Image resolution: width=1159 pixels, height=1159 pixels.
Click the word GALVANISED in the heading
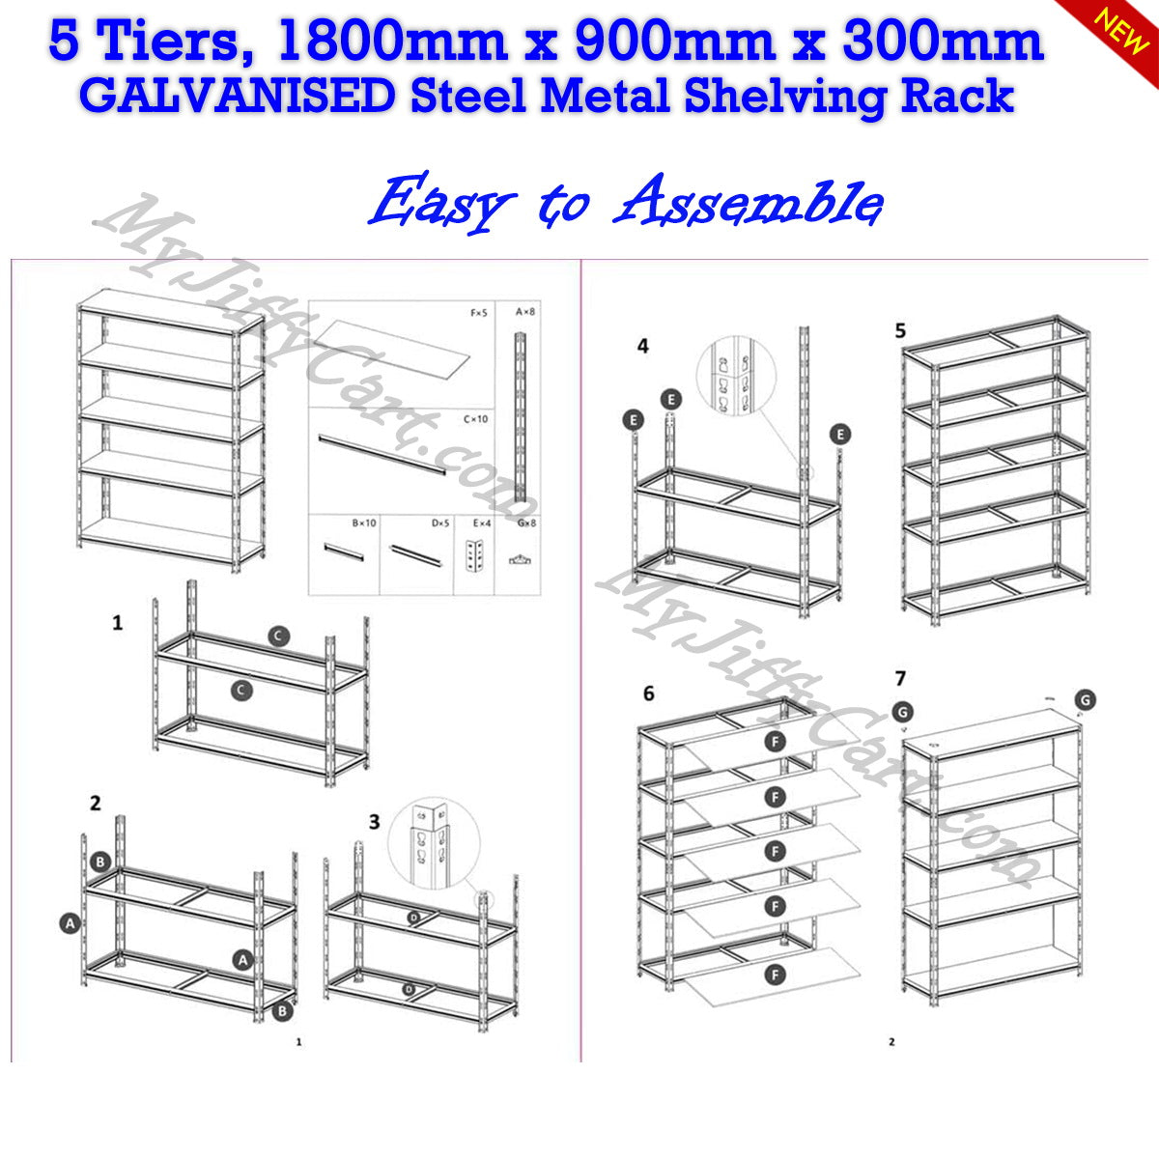237,97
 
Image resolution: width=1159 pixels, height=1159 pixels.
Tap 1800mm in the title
391,42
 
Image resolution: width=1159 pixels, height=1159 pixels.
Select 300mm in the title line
943,42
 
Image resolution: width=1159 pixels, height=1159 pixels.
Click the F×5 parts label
480,313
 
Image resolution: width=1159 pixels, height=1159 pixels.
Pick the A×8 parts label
525,312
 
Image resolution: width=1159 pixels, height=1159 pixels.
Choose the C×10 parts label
476,419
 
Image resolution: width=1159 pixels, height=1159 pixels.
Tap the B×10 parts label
364,523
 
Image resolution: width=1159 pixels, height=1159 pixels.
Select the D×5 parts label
441,523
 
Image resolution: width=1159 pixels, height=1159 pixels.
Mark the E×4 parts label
481,523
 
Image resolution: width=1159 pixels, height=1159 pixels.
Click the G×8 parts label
526,523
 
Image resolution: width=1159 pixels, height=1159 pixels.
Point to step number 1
118,623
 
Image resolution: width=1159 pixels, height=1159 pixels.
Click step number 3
375,822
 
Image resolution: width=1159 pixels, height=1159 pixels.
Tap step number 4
643,346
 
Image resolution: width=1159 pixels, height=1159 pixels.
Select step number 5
900,331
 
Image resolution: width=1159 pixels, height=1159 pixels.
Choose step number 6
648,693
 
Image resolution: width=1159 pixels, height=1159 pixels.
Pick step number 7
900,679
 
